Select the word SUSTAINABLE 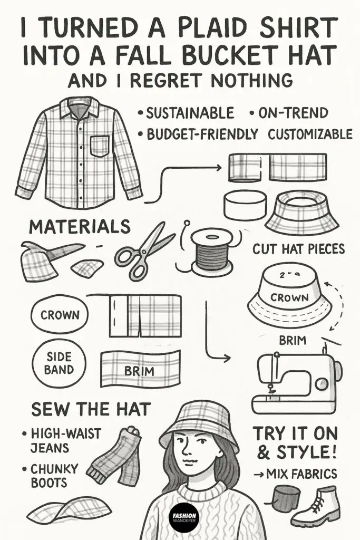[x=190, y=113]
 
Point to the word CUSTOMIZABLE [x=310, y=134]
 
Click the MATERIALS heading [x=79, y=227]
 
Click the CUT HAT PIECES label [x=298, y=248]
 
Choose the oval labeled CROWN [x=61, y=315]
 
